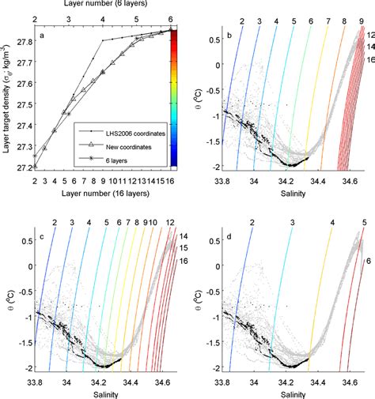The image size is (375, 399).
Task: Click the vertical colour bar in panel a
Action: [x=180, y=99]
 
